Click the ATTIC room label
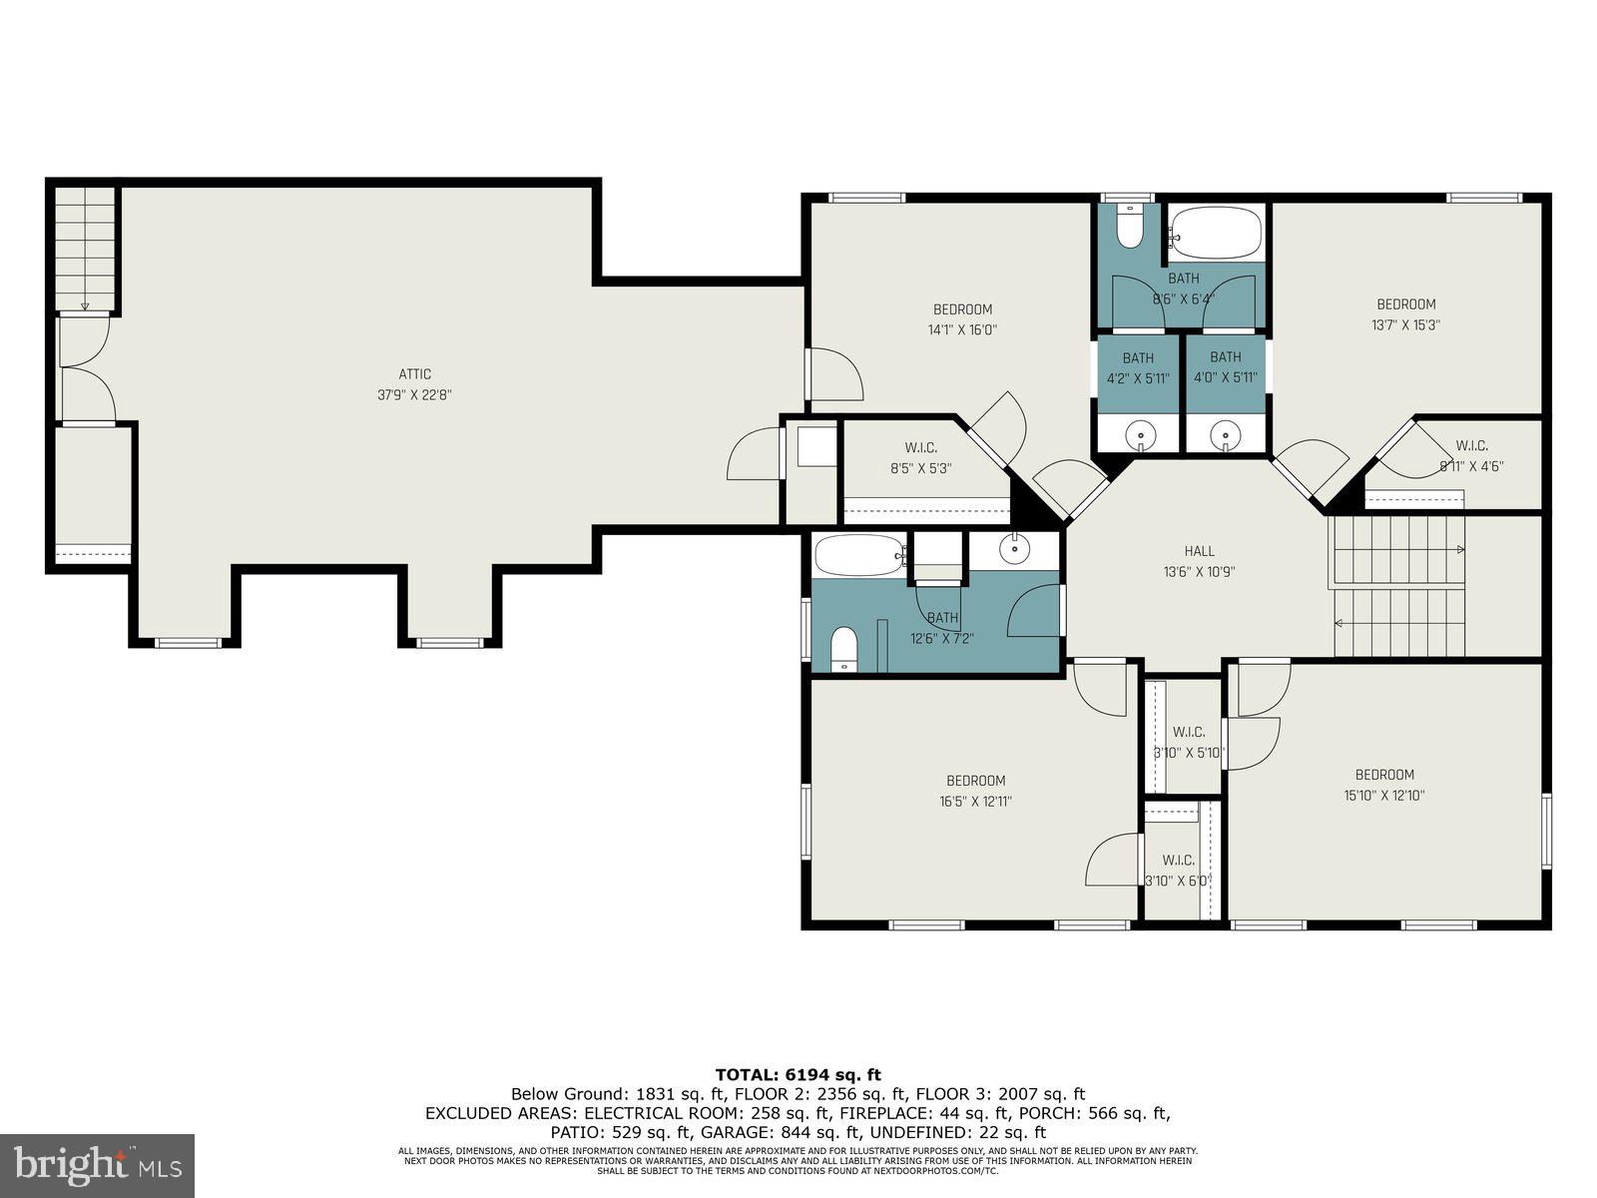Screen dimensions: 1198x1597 tap(414, 374)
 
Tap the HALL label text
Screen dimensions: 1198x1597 tap(1199, 551)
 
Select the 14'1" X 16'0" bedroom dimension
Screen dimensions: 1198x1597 tap(963, 329)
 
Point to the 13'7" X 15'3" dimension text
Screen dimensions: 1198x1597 tap(1405, 324)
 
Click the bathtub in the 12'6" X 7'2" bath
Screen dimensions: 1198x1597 tap(858, 556)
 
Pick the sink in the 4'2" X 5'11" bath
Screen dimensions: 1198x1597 tap(1139, 435)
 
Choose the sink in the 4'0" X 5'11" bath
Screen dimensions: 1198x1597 tap(1225, 435)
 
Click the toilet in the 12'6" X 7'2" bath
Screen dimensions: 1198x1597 tap(843, 649)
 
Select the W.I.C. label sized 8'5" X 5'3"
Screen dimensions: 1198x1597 tap(920, 447)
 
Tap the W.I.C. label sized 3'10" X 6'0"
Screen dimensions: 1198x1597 tap(1178, 860)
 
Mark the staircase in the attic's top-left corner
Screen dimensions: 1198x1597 tap(85, 250)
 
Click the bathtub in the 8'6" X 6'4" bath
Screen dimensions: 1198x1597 tap(1215, 233)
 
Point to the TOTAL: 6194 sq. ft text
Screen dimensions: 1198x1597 tap(798, 1074)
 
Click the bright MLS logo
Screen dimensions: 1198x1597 tap(97, 1165)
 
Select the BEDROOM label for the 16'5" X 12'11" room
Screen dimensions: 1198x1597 tap(975, 781)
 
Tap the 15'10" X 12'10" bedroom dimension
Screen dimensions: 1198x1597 tap(1383, 796)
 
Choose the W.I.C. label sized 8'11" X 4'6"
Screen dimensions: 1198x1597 tap(1471, 445)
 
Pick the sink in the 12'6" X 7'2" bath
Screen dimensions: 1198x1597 tap(1015, 549)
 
